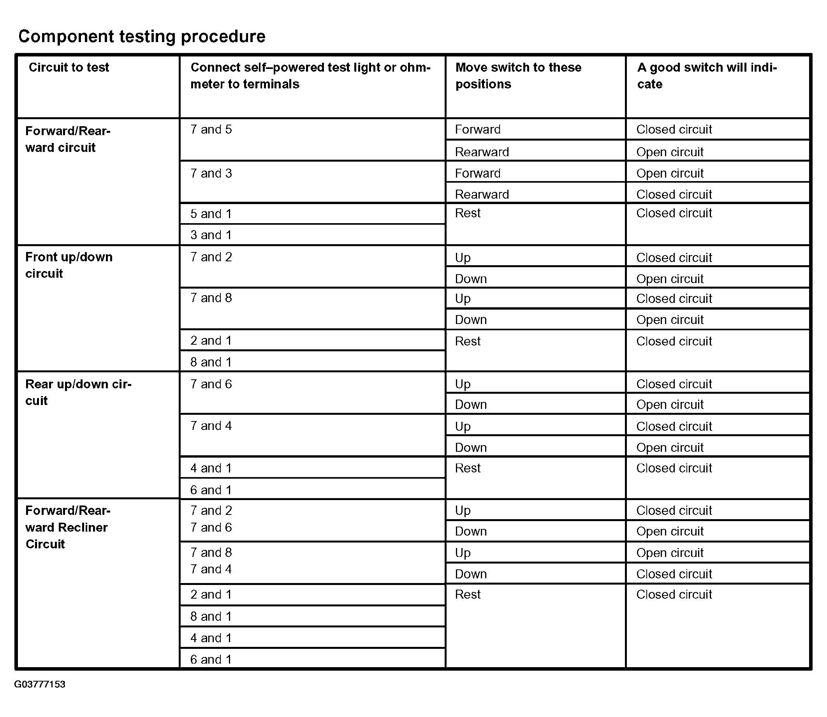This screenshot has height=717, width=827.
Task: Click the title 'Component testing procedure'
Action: (x=142, y=36)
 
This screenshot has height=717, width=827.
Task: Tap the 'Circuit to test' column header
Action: (x=69, y=67)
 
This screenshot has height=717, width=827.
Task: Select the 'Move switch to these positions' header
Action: (x=518, y=76)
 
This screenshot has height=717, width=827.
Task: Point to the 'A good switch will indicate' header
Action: (x=707, y=76)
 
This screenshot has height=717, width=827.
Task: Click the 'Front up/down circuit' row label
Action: (x=69, y=265)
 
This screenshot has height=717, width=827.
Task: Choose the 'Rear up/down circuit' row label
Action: (x=78, y=392)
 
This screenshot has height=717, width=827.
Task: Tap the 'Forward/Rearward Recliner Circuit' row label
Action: (x=68, y=527)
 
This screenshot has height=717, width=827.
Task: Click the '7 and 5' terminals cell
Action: (x=211, y=130)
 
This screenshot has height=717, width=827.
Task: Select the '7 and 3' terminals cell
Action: (x=211, y=173)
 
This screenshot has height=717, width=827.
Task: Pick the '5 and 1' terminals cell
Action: (x=211, y=214)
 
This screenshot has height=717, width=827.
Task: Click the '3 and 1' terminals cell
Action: (x=211, y=235)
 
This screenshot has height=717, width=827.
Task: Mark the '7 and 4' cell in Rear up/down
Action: (x=211, y=426)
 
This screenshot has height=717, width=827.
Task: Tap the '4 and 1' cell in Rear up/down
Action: (x=211, y=468)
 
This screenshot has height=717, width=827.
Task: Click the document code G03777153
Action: (x=40, y=684)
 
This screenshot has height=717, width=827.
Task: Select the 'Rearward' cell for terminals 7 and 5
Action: (x=482, y=152)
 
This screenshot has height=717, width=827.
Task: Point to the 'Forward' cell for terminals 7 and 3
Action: (x=477, y=173)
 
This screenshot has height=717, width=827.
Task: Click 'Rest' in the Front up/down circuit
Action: (x=468, y=341)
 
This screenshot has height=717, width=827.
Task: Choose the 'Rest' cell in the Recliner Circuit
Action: (x=468, y=594)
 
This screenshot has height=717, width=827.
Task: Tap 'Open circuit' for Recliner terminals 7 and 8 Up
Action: (x=670, y=553)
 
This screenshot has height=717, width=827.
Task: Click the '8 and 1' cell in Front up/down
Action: (x=211, y=362)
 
